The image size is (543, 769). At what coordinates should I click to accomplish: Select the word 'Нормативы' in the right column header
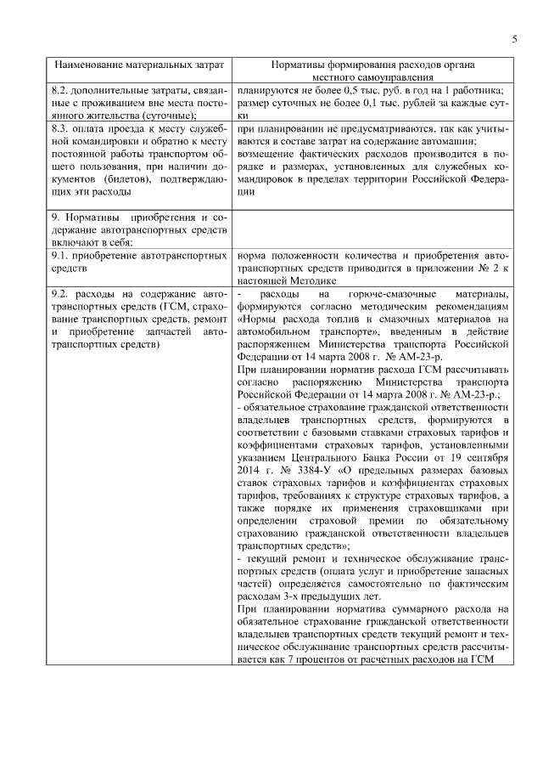[x=301, y=65]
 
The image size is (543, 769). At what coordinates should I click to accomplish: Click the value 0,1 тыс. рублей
[x=355, y=103]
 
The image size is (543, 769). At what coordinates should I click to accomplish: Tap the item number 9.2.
[x=64, y=294]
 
